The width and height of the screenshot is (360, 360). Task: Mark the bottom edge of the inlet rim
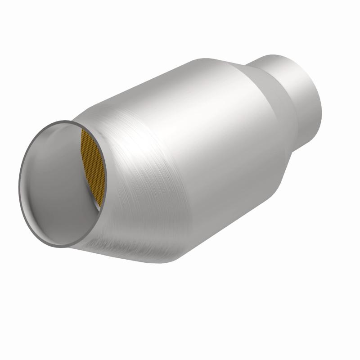tap(61, 246)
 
